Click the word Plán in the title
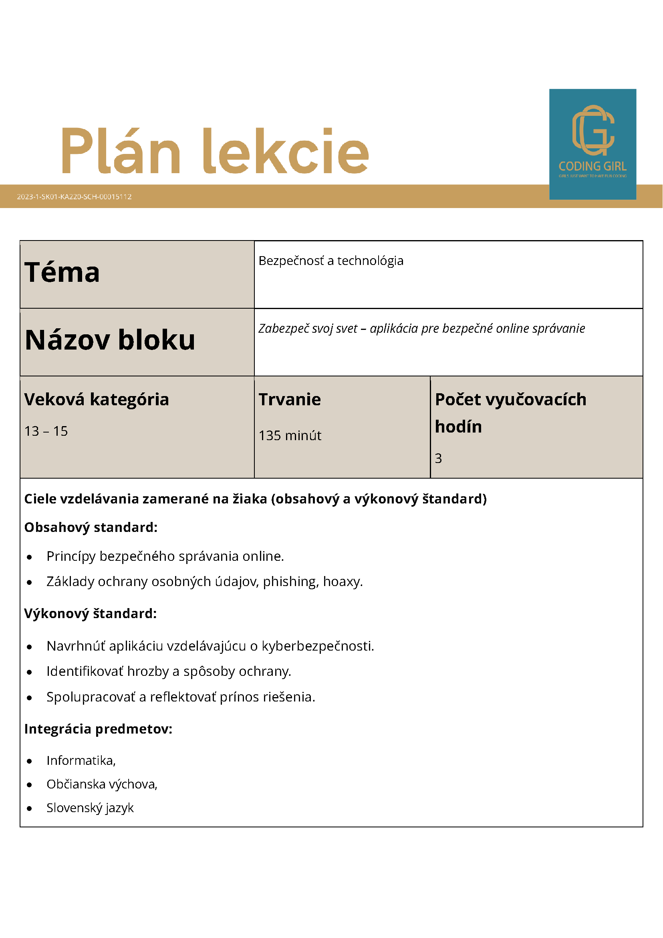[x=121, y=151]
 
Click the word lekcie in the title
[x=286, y=151]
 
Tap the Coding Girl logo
[x=592, y=144]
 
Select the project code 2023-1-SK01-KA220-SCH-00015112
[x=74, y=196]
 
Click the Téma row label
[x=62, y=273]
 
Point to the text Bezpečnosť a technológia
[x=330, y=261]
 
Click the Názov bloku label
[x=110, y=340]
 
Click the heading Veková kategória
[x=97, y=399]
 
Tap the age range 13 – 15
[x=46, y=431]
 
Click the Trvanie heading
[x=290, y=399]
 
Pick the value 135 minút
[x=290, y=435]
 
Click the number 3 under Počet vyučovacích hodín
[x=438, y=459]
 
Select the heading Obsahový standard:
[x=91, y=528]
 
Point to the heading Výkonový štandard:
[x=90, y=614]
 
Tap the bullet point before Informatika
[x=29, y=761]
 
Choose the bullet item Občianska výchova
[x=102, y=784]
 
